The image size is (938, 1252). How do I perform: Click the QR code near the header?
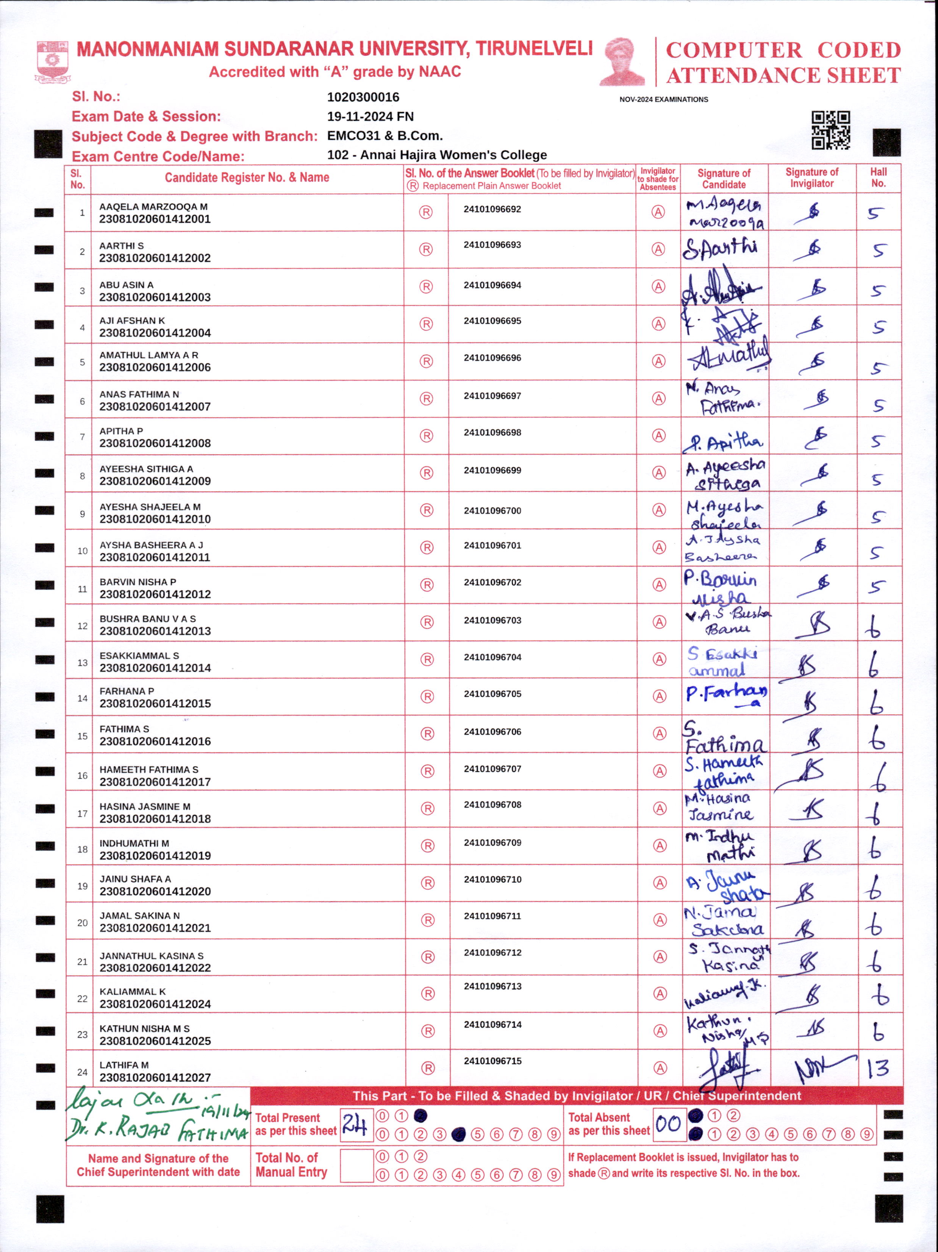click(x=830, y=130)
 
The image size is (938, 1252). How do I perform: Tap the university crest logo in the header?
click(x=53, y=61)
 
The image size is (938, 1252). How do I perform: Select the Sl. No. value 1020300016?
click(x=363, y=97)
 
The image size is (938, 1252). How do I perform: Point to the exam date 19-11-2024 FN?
click(x=370, y=117)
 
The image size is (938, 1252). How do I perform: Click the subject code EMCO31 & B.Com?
click(x=385, y=136)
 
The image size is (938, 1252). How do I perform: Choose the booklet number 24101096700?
click(x=492, y=510)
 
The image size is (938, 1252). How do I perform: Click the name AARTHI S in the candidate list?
click(x=122, y=246)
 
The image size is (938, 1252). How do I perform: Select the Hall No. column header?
click(x=878, y=178)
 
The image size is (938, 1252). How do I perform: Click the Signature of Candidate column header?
click(x=724, y=178)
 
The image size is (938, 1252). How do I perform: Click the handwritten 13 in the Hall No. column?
click(x=878, y=1069)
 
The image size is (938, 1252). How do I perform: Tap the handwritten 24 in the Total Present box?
click(x=355, y=1124)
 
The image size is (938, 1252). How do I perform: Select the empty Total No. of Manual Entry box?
click(x=356, y=1165)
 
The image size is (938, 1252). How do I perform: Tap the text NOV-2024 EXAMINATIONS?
click(x=664, y=100)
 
